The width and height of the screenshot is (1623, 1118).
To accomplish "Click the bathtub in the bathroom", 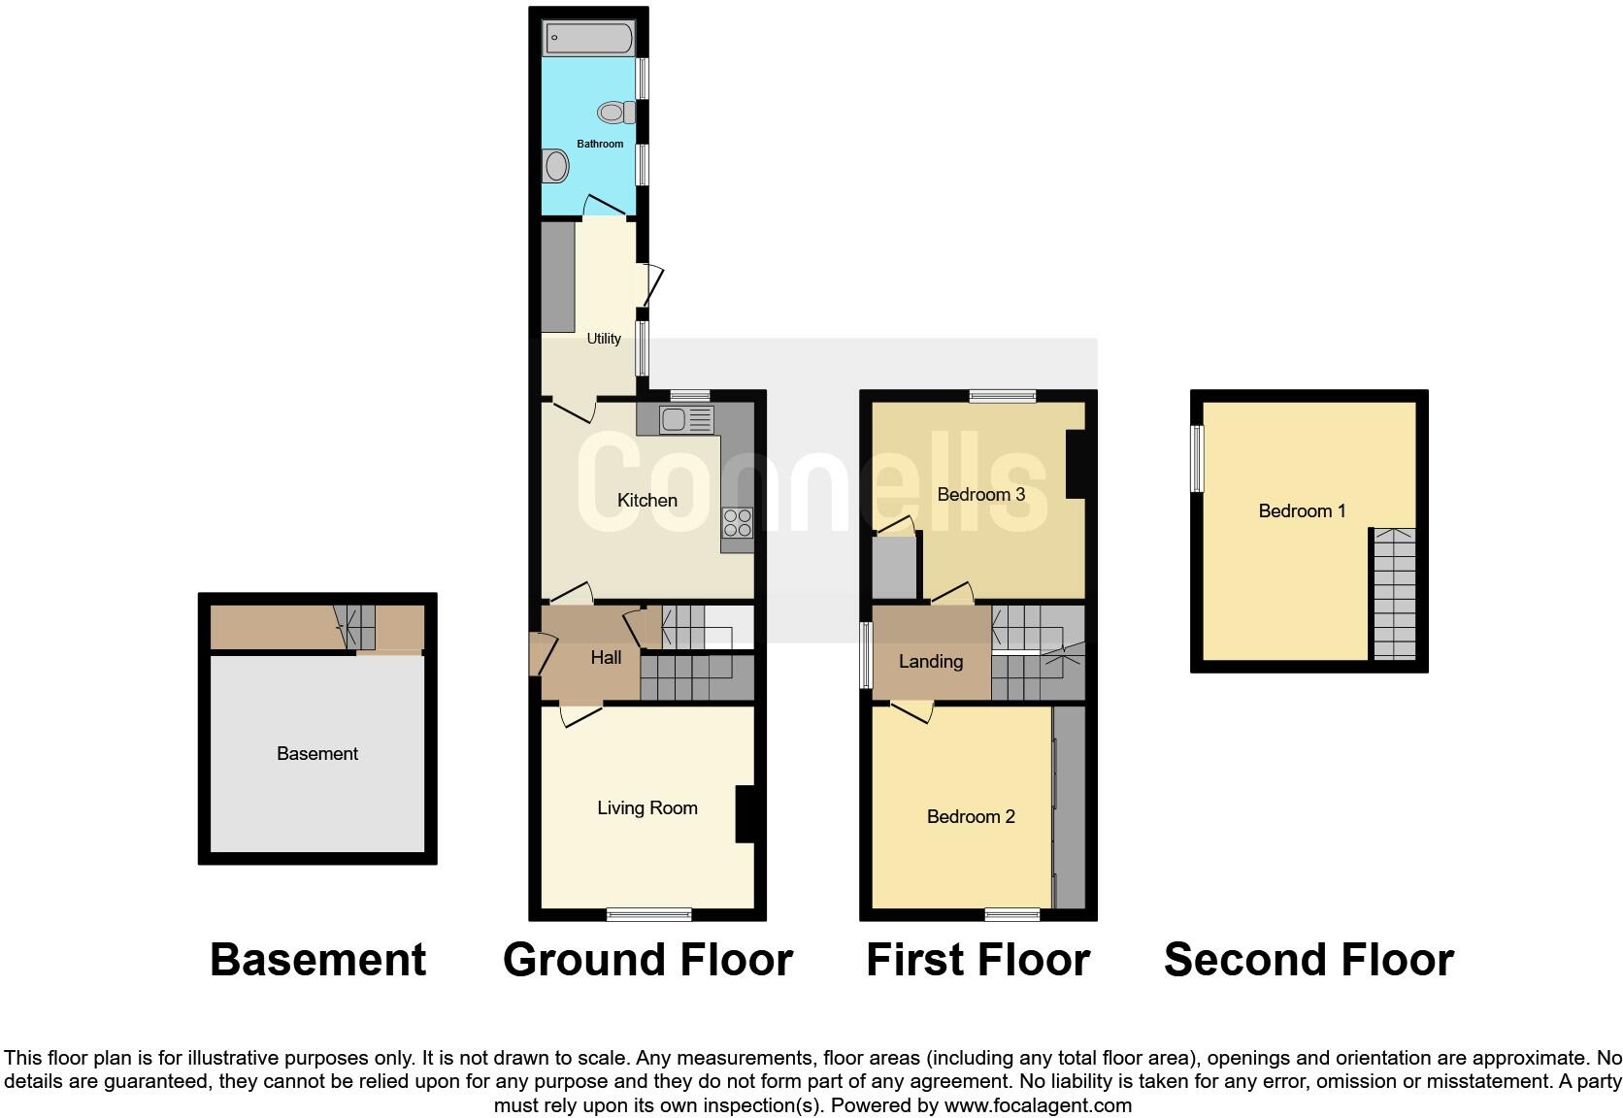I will pyautogui.click(x=588, y=39).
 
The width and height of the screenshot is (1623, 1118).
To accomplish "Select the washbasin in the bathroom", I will pyautogui.click(x=556, y=166).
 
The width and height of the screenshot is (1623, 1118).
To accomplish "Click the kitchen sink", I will pyautogui.click(x=685, y=419).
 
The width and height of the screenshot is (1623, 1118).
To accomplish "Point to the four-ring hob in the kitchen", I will pyautogui.click(x=737, y=523).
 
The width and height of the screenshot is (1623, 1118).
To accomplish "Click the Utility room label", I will pyautogui.click(x=604, y=339).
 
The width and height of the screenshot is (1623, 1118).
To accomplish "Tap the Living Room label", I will pyautogui.click(x=646, y=807).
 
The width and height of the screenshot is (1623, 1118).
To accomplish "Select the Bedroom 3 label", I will pyautogui.click(x=980, y=494).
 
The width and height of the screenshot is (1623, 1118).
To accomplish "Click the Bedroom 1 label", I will pyautogui.click(x=1302, y=510).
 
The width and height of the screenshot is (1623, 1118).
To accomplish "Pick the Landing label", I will pyautogui.click(x=930, y=661).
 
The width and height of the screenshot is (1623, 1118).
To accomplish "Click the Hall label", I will pyautogui.click(x=606, y=657).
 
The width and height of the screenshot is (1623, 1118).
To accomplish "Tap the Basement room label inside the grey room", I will pyautogui.click(x=317, y=753).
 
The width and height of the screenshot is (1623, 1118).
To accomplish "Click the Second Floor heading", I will pyautogui.click(x=1308, y=960).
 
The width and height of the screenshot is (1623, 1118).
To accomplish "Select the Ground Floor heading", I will pyautogui.click(x=647, y=960).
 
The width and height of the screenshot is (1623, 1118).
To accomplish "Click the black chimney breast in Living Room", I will pyautogui.click(x=745, y=813).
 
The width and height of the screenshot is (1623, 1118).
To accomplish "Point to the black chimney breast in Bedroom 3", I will pyautogui.click(x=1075, y=464).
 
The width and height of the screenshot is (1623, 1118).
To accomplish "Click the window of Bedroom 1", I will pyautogui.click(x=1197, y=458).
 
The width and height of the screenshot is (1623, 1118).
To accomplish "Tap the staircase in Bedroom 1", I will pyautogui.click(x=1394, y=594).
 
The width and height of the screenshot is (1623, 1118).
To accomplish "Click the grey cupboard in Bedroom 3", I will pyautogui.click(x=894, y=568).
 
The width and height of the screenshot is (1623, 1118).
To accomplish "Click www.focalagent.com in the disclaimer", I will pyautogui.click(x=1038, y=1104).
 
